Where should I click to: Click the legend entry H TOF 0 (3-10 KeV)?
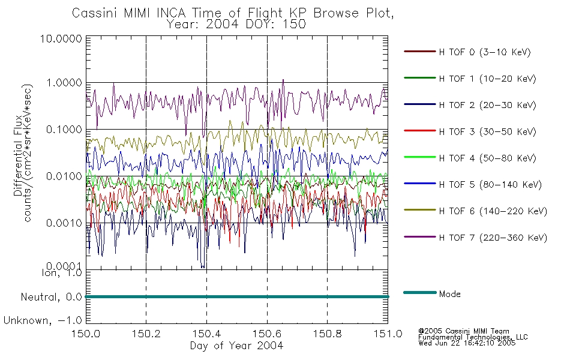485,52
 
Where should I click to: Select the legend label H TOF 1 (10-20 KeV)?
487,79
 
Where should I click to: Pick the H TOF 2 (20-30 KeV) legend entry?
487,105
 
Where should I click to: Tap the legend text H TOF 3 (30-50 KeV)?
487,131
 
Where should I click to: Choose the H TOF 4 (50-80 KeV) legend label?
487,158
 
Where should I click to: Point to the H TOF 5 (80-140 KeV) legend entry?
490,185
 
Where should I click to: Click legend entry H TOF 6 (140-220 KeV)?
493,211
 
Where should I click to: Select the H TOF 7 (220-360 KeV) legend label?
493,238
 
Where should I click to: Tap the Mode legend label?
449,294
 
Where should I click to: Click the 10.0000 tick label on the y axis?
61,38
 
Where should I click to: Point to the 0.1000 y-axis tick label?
64,130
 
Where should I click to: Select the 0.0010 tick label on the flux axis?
64,223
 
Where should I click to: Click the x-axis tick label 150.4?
206,334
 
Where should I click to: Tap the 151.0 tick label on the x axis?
388,334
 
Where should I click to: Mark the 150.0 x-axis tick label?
86,334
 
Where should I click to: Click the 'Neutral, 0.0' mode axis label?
51,297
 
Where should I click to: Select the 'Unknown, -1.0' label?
43,320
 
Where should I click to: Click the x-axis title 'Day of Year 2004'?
236,346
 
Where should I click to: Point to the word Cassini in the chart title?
95,13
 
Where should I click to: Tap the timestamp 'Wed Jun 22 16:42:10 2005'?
467,343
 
